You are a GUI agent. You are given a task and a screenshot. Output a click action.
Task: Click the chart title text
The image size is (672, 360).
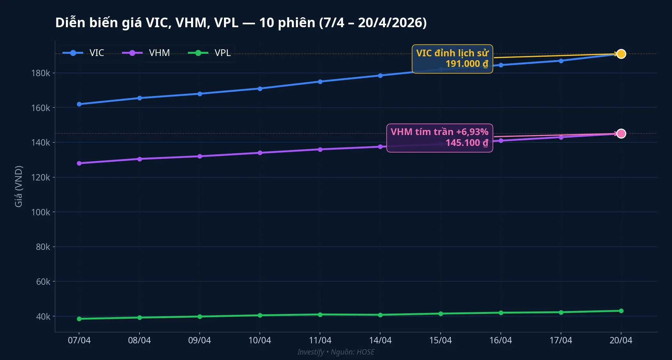click(x=241, y=23)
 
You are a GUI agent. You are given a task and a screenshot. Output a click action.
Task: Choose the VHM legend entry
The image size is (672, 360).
click(x=146, y=53)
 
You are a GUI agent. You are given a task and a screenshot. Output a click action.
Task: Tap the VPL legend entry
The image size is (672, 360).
click(x=210, y=53)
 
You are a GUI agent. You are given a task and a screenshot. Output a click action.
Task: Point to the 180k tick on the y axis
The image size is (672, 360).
click(x=41, y=73)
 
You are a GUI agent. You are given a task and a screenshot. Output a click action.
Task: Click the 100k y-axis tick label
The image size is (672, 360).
click(x=41, y=212)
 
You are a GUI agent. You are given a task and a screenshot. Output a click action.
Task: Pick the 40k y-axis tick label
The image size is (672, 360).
click(x=43, y=316)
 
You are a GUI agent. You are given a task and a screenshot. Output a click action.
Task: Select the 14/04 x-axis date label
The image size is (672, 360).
click(x=380, y=340)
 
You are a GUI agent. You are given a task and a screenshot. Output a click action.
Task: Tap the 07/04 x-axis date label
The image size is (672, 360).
click(x=79, y=340)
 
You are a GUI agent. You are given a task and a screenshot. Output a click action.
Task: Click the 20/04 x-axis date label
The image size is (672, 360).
click(x=621, y=340)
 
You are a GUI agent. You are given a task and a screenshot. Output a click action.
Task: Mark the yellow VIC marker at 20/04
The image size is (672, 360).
click(x=621, y=54)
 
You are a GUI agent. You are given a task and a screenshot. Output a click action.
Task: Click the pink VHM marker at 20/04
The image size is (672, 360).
click(x=621, y=133)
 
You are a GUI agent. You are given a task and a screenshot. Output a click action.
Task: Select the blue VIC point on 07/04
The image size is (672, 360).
click(x=79, y=104)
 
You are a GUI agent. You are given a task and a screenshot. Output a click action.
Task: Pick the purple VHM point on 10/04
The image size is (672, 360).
click(x=260, y=153)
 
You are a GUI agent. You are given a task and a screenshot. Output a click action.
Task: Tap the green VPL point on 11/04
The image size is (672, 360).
click(x=320, y=315)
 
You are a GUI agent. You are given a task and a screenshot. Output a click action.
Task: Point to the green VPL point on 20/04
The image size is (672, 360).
click(x=621, y=311)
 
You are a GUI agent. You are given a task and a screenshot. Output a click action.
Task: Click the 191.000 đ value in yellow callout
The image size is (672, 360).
click(x=467, y=64)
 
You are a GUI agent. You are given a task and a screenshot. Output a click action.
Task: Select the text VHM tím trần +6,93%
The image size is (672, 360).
click(x=439, y=132)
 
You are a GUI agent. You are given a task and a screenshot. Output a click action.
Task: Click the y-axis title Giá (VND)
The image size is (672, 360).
click(x=19, y=186)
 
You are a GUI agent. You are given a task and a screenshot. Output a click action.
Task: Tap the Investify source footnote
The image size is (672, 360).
click(x=336, y=352)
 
